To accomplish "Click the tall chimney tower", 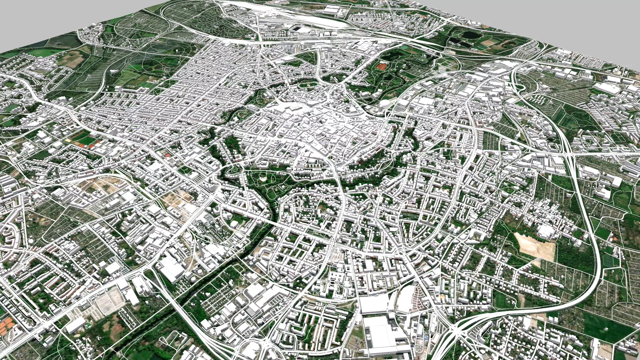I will (x=199, y=248).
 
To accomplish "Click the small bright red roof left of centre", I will (x=168, y=155).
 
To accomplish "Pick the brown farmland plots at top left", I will (x=72, y=60).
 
